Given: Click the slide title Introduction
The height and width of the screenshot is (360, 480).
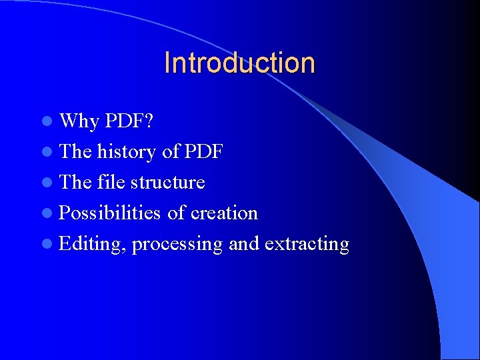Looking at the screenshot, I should coord(239,63).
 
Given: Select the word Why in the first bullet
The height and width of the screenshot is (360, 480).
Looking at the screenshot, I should coord(79,121).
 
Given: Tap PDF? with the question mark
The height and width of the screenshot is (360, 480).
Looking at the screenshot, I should coord(129,121).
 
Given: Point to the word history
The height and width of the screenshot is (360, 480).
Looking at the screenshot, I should coord(127,152).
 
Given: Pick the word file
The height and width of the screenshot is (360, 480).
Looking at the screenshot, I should coord(110,182).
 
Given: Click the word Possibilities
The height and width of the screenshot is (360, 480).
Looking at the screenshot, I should coord(110,213).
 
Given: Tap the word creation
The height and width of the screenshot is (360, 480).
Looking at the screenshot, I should coord(224,213).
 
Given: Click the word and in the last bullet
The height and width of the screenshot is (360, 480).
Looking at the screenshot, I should coord(244,244).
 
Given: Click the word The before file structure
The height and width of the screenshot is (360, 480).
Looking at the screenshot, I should coord(75,182).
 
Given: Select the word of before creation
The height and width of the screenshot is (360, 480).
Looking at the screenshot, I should coord(176,213).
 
